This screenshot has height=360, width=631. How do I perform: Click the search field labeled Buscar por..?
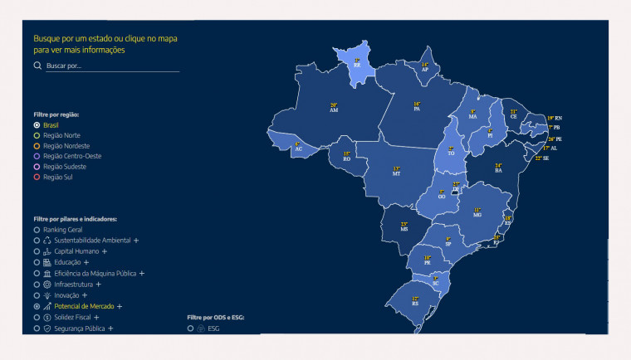[112, 66]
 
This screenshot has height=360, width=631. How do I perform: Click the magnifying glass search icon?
[37, 65]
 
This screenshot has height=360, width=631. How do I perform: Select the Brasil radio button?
[37, 124]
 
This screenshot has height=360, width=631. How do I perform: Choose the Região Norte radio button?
[37, 135]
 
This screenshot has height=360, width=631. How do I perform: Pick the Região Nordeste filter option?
[37, 146]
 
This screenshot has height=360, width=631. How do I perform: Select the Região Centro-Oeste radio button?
[37, 156]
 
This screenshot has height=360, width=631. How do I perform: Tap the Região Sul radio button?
[37, 177]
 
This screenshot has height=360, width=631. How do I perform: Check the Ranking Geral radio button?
[37, 230]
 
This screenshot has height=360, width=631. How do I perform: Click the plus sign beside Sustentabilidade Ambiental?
[136, 241]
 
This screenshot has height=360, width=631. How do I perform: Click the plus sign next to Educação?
[86, 262]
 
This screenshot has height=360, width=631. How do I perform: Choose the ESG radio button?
[190, 328]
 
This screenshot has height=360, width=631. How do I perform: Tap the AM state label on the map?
[334, 109]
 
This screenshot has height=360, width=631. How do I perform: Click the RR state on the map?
[357, 63]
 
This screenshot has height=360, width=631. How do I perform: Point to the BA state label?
[498, 169]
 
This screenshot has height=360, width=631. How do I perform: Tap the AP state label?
[425, 68]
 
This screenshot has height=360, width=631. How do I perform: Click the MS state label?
[404, 226]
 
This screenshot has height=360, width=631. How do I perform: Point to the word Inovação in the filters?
[66, 295]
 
